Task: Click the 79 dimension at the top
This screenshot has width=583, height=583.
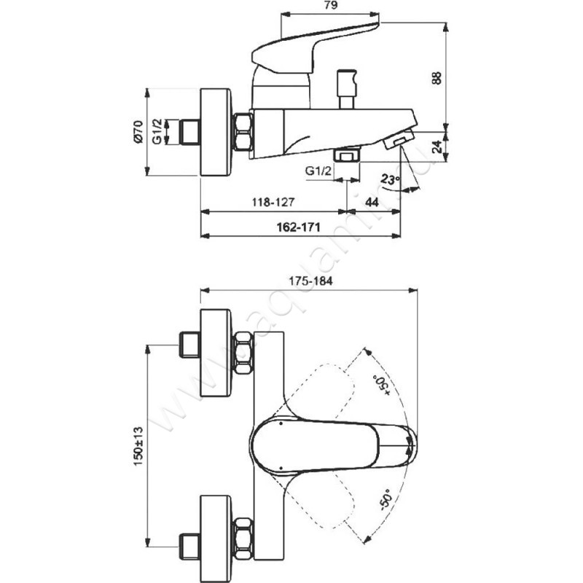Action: pos(331,6)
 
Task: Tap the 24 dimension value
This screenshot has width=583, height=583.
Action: pos(439,146)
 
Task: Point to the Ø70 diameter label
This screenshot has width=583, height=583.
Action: pos(138,132)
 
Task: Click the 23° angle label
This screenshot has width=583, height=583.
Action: pos(390,180)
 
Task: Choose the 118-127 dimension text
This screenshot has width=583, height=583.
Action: pos(273,203)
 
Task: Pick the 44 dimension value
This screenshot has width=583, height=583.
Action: pos(372,203)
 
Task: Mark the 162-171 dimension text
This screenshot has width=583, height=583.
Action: pos(298,227)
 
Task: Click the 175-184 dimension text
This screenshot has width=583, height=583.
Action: pos(310,281)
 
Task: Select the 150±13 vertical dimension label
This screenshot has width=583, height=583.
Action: pos(138,446)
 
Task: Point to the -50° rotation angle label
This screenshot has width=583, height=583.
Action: pos(386,500)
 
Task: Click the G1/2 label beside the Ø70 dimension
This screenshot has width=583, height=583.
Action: pos(157,132)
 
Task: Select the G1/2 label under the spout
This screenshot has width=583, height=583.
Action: pos(318,171)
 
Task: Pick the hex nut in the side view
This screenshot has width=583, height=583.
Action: pos(243,133)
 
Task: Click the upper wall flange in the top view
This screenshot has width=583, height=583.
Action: pos(216,353)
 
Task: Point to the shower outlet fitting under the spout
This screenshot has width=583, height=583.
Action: pos(348,154)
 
